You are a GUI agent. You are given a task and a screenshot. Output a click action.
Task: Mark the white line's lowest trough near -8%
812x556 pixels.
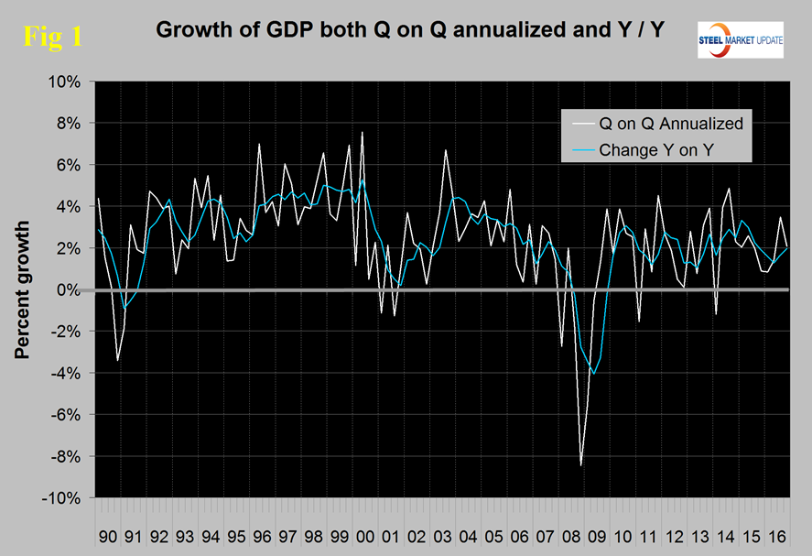click(x=581, y=465)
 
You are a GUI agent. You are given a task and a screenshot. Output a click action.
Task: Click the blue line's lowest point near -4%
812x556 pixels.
click(x=594, y=374)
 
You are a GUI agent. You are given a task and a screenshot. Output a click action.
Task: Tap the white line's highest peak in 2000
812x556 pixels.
click(x=363, y=133)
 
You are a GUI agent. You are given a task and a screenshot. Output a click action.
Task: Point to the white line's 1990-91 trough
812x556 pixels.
click(x=117, y=361)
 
